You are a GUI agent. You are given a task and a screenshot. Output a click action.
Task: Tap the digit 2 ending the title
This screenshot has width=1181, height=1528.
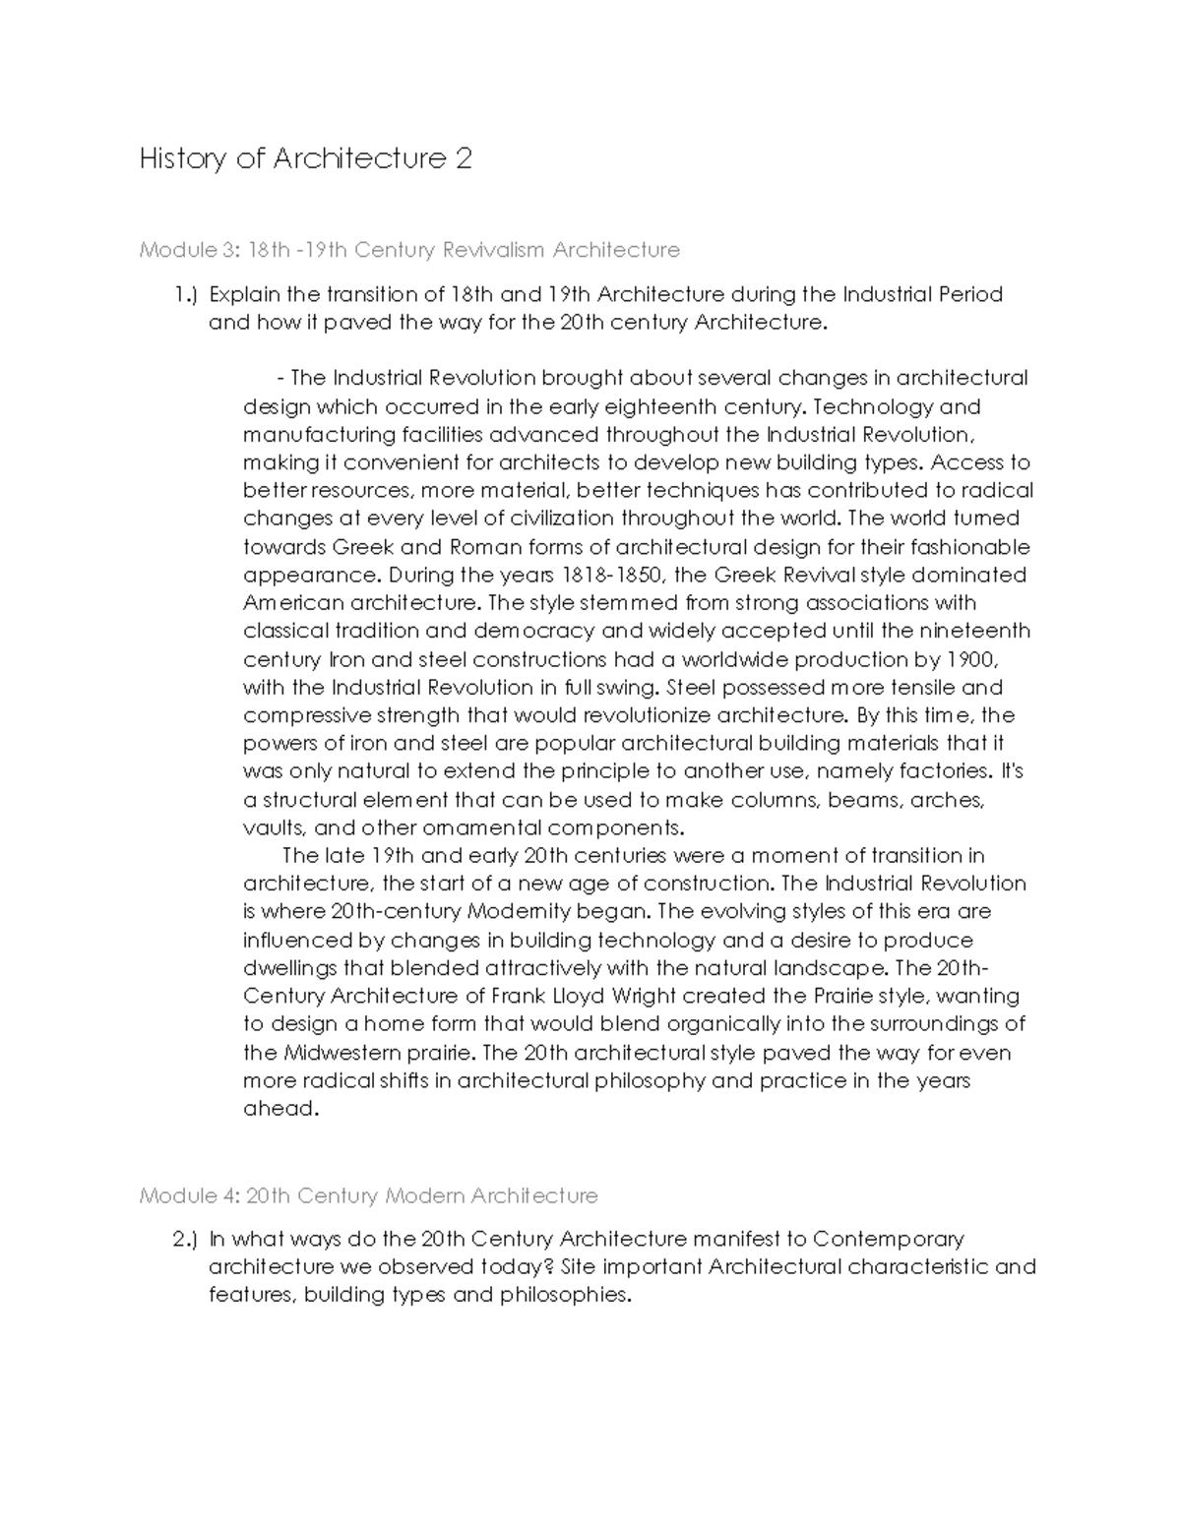click(x=463, y=159)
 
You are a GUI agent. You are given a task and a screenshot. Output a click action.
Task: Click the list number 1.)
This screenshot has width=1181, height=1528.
click(x=186, y=294)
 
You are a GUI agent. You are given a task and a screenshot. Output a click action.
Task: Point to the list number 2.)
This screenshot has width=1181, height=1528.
click(x=186, y=1239)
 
